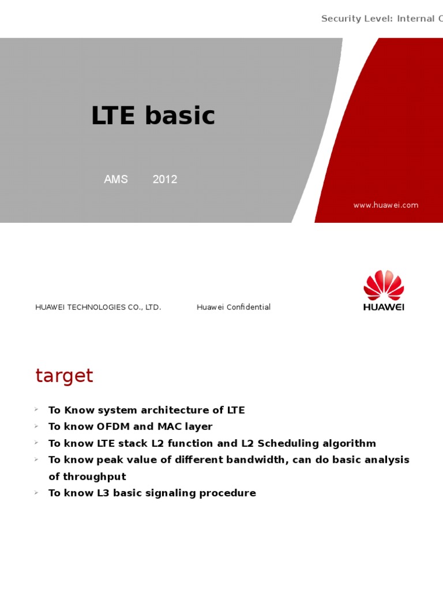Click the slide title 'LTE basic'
click(153, 116)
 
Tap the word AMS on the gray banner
click(116, 179)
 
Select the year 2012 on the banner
click(165, 179)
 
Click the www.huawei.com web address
click(386, 205)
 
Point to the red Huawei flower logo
click(384, 285)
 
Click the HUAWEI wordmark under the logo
click(384, 307)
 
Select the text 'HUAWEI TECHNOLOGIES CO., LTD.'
click(98, 307)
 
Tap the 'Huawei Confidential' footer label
click(234, 307)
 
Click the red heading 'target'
click(64, 376)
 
